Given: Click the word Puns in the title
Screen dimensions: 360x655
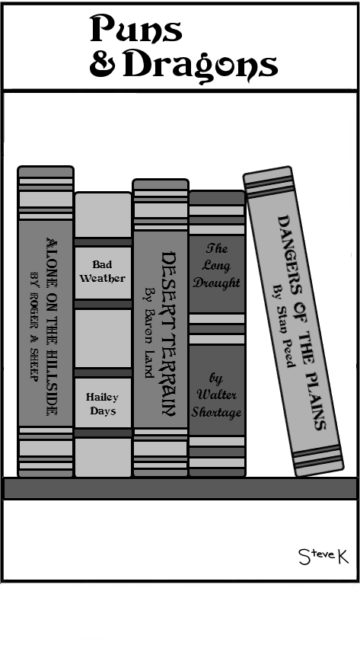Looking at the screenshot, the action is pyautogui.click(x=136, y=28).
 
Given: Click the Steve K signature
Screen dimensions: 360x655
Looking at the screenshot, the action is pyautogui.click(x=323, y=556).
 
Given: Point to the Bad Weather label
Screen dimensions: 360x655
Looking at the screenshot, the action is pyautogui.click(x=103, y=272).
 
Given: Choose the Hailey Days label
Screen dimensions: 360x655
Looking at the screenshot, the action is pyautogui.click(x=103, y=404).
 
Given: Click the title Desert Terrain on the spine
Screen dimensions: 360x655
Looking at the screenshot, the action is pyautogui.click(x=169, y=334).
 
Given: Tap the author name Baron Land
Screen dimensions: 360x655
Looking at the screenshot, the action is pyautogui.click(x=149, y=333).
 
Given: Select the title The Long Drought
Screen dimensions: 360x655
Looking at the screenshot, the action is pyautogui.click(x=217, y=266).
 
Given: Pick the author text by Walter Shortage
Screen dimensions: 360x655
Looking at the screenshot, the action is pyautogui.click(x=216, y=395).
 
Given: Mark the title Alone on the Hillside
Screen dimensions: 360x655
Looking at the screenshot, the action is pyautogui.click(x=52, y=327).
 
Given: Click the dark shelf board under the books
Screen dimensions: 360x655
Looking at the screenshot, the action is pyautogui.click(x=180, y=488).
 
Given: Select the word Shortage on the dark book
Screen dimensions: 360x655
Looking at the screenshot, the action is pyautogui.click(x=216, y=413).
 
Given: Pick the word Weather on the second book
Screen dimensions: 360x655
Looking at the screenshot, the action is pyautogui.click(x=103, y=278).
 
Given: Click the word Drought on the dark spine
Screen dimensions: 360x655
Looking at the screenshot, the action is pyautogui.click(x=217, y=283).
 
